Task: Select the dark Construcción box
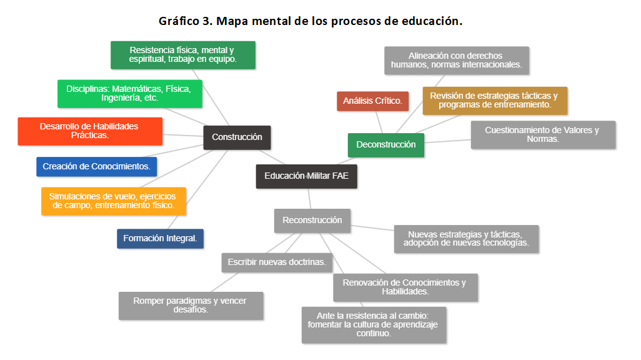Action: click(237, 137)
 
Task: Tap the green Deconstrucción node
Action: click(385, 145)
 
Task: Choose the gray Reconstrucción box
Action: click(312, 220)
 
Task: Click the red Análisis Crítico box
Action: click(372, 101)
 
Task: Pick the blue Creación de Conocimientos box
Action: click(96, 167)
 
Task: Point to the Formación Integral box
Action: click(160, 239)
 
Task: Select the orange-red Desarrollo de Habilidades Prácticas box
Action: click(90, 131)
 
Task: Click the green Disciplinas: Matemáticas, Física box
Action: click(129, 94)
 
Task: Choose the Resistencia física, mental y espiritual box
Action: click(182, 55)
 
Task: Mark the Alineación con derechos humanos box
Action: click(456, 60)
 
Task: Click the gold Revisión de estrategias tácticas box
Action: click(494, 101)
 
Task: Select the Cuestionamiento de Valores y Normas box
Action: click(542, 135)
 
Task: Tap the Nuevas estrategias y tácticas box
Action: click(466, 239)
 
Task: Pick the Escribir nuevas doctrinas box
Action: click(277, 262)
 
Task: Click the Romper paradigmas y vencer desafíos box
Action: click(191, 306)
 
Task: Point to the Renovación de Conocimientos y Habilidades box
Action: click(405, 287)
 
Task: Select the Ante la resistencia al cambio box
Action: click(374, 324)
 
